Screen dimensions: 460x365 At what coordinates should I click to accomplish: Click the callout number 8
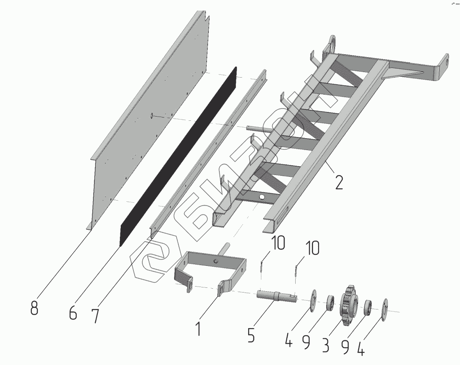pyautogui.click(x=34, y=308)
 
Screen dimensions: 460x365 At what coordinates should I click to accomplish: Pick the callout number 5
pyautogui.click(x=251, y=335)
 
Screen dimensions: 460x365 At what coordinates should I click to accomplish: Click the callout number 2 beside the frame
pyautogui.click(x=338, y=182)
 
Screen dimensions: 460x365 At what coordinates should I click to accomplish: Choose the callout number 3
pyautogui.click(x=326, y=345)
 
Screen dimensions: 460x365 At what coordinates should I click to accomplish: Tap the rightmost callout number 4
pyautogui.click(x=361, y=348)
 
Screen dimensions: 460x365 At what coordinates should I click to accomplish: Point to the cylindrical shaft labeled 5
pyautogui.click(x=277, y=295)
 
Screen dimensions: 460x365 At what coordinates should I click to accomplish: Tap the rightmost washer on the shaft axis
pyautogui.click(x=384, y=310)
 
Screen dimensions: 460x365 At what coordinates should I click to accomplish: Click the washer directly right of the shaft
pyautogui.click(x=313, y=301)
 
